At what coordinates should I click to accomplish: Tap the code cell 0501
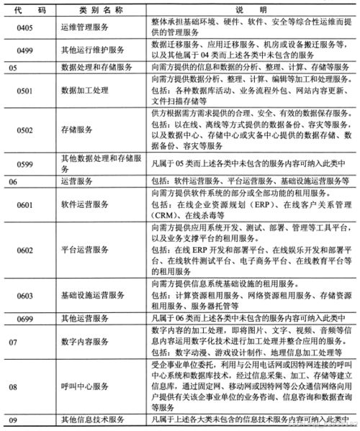coord(22,92)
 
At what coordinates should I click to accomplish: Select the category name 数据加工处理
coord(84,92)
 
